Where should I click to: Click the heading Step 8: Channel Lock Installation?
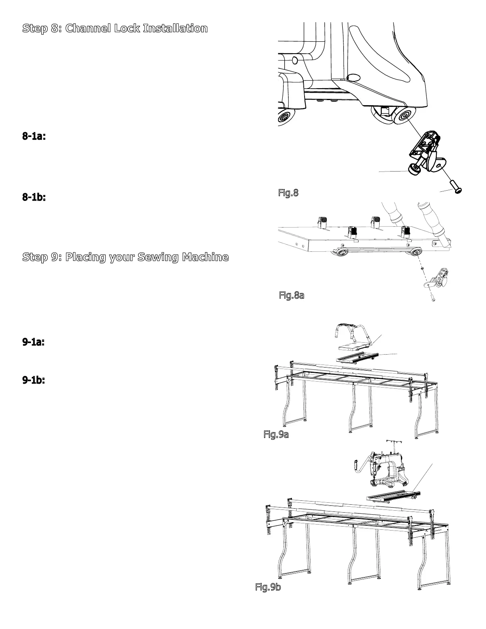115,29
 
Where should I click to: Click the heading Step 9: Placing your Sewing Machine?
125,257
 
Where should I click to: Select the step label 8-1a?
34,137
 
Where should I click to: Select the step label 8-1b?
34,197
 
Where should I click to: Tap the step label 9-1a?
33,342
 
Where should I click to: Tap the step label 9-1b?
33,380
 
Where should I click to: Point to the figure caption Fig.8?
288,193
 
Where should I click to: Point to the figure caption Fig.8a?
291,295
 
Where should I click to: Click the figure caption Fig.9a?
276,434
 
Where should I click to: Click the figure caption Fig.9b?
268,587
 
